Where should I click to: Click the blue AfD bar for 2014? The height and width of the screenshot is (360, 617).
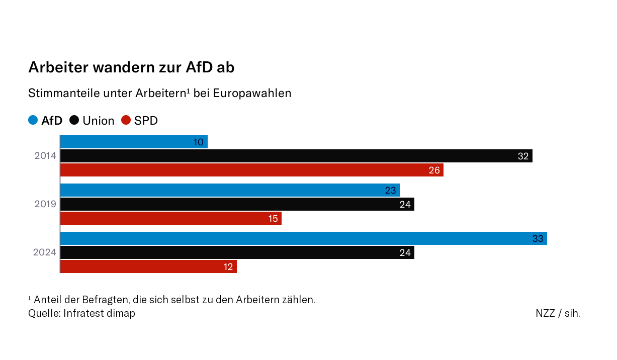pyautogui.click(x=133, y=142)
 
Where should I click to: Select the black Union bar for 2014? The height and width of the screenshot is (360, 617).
pyautogui.click(x=296, y=156)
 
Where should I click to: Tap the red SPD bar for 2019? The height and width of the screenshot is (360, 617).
pyautogui.click(x=170, y=219)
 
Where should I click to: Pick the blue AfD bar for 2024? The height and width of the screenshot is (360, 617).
pyautogui.click(x=303, y=239)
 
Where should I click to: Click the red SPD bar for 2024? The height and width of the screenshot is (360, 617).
pyautogui.click(x=148, y=267)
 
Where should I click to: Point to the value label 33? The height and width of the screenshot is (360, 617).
pyautogui.click(x=538, y=239)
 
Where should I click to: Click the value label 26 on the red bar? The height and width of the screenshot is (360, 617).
pyautogui.click(x=434, y=170)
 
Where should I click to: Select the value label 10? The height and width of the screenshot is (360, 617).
pyautogui.click(x=199, y=142)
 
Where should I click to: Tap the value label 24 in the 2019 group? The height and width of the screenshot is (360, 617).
pyautogui.click(x=405, y=205)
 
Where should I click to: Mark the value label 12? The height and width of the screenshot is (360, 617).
pyautogui.click(x=228, y=267)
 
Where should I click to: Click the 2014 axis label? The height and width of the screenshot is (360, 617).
pyautogui.click(x=45, y=156)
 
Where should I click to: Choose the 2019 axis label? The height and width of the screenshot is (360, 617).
pyautogui.click(x=45, y=205)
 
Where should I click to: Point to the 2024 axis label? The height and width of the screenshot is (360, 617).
pyautogui.click(x=45, y=252)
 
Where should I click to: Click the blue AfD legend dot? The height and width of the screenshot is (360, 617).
pyautogui.click(x=33, y=121)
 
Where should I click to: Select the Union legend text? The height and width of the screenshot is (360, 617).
pyautogui.click(x=99, y=121)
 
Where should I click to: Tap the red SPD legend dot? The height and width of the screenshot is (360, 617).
pyautogui.click(x=126, y=121)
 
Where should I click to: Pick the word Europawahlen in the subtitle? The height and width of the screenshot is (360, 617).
pyautogui.click(x=252, y=94)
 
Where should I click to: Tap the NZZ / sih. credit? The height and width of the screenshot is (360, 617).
pyautogui.click(x=558, y=313)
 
